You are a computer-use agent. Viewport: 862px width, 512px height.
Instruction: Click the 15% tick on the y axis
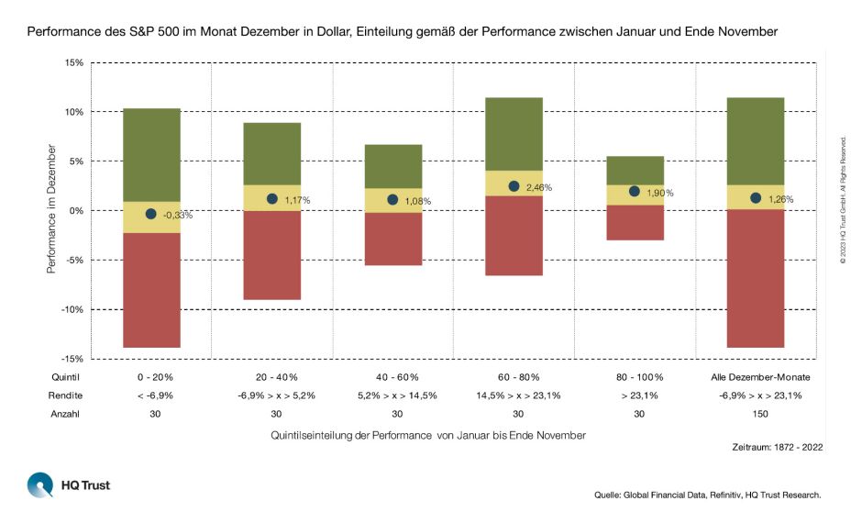click(x=73, y=62)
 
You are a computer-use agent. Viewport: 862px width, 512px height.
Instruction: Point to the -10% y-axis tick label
click(x=72, y=309)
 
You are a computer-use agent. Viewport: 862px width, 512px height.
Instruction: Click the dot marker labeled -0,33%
click(x=150, y=214)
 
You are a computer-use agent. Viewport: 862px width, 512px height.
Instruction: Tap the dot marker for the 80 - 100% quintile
click(x=635, y=191)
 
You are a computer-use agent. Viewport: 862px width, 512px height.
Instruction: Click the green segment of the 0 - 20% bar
click(x=151, y=154)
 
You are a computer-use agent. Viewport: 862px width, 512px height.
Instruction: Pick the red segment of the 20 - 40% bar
click(x=271, y=255)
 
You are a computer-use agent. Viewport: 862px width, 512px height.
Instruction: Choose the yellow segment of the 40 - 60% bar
click(x=393, y=200)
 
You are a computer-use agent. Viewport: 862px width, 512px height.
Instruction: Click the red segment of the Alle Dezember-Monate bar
click(x=756, y=278)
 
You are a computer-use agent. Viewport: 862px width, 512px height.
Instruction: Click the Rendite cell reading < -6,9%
click(x=151, y=395)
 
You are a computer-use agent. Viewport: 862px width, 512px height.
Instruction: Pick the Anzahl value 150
click(x=756, y=414)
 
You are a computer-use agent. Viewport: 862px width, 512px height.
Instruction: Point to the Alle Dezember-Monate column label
click(x=756, y=377)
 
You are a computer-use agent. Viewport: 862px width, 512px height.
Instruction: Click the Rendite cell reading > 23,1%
click(x=635, y=395)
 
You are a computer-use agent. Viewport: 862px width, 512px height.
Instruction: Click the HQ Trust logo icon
click(x=40, y=484)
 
